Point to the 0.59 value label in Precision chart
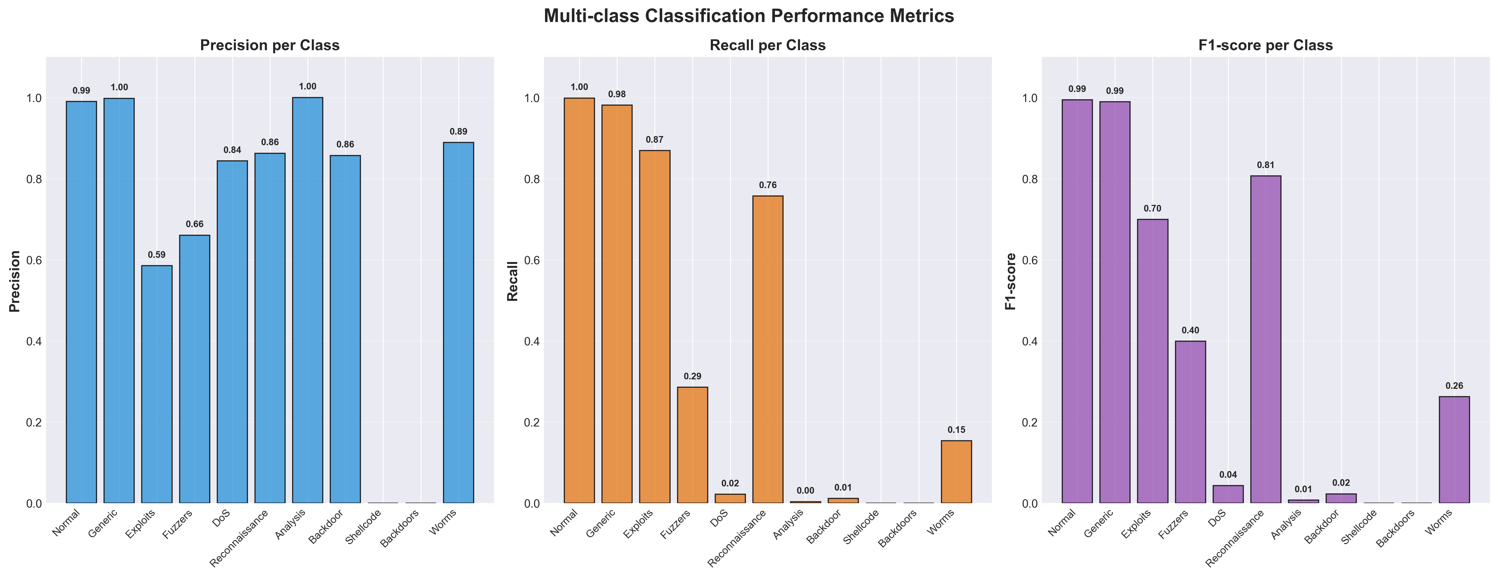click(x=156, y=254)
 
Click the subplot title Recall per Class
click(x=768, y=45)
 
